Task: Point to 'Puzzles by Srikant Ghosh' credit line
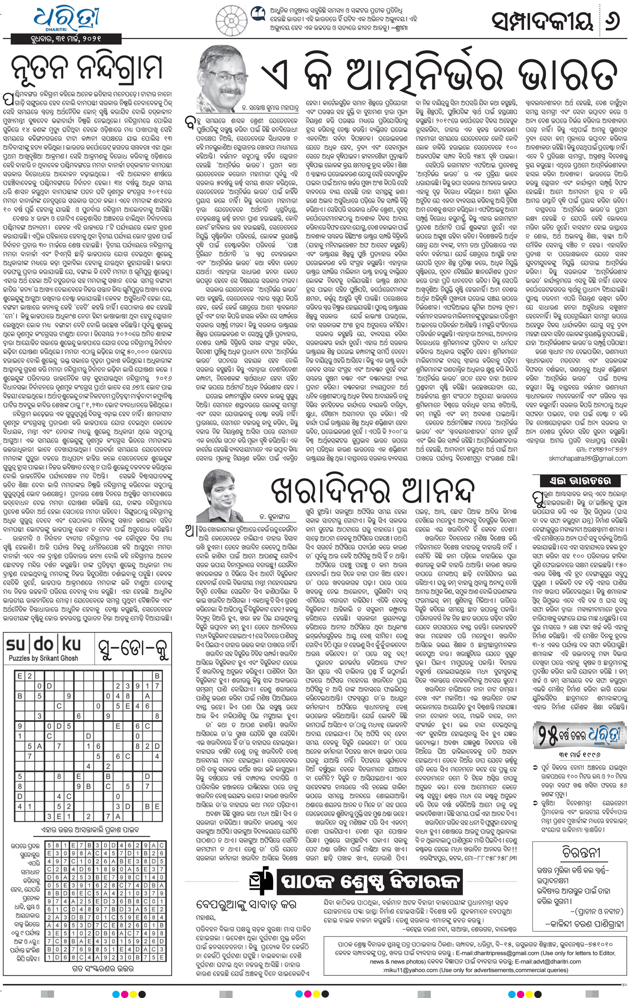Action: [x=44, y=658]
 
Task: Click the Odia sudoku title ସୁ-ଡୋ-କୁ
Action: [x=131, y=650]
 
